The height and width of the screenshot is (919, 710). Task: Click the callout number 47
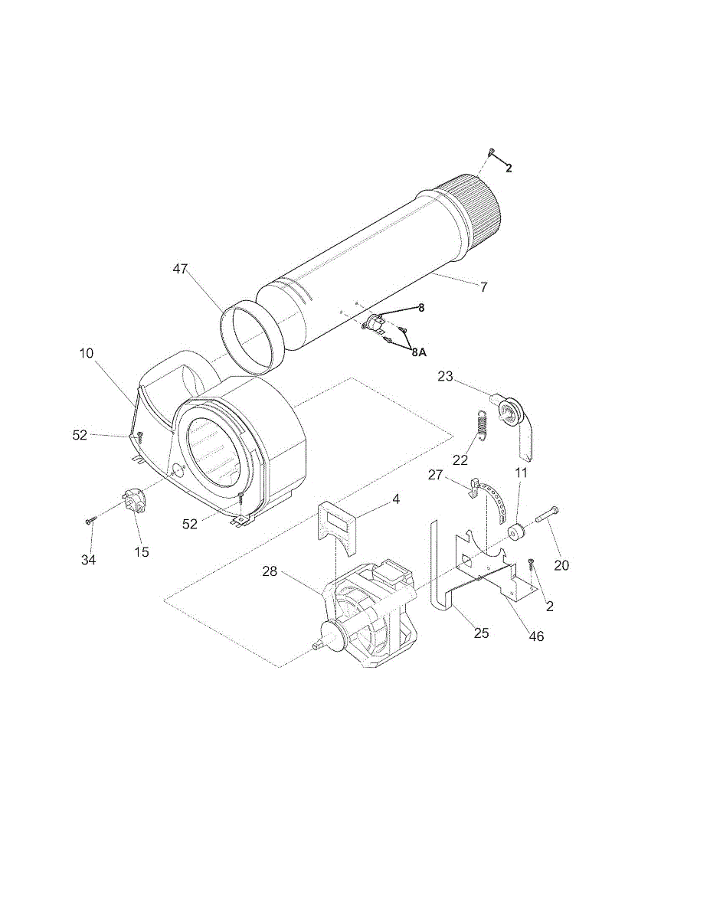(x=181, y=269)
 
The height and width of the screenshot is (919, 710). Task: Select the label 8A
(x=418, y=352)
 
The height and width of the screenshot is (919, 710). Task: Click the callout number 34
(x=89, y=560)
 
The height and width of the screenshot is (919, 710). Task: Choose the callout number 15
(x=142, y=551)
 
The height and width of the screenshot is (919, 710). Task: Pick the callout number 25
(x=481, y=633)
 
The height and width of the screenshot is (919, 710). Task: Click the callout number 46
(x=536, y=636)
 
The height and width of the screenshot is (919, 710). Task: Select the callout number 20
(x=561, y=566)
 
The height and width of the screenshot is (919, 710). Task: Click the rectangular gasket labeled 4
(x=337, y=525)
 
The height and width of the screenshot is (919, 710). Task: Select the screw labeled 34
(x=91, y=521)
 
